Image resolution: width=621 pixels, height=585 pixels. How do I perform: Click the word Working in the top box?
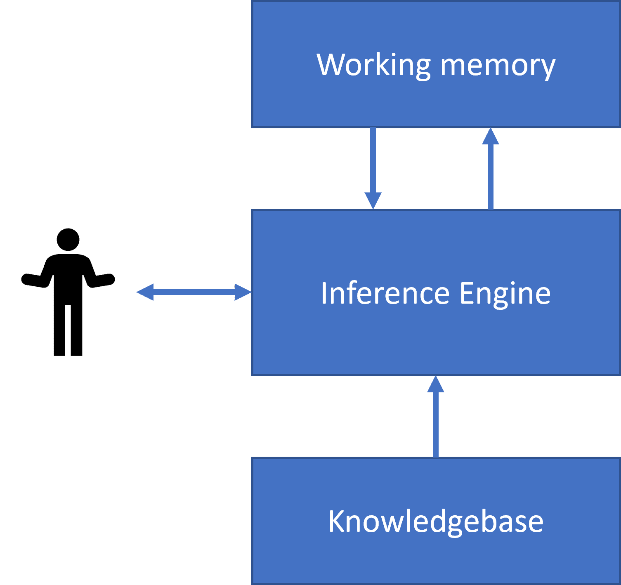click(x=373, y=65)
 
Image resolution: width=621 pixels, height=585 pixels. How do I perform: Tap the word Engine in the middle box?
click(x=505, y=294)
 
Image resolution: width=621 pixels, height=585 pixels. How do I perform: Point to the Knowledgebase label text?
click(x=436, y=521)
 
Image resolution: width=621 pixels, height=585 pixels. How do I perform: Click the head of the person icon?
click(x=68, y=239)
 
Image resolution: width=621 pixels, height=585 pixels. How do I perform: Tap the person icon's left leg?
click(x=59, y=330)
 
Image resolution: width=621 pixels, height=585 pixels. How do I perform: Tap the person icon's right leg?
click(x=77, y=330)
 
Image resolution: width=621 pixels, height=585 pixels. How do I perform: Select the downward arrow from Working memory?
click(x=373, y=165)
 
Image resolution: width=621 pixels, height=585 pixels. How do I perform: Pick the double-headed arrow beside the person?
click(x=194, y=292)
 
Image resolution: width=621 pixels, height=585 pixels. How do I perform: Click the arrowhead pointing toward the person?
click(x=144, y=292)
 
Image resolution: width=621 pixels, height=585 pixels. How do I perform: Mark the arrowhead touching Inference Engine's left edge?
click(x=243, y=292)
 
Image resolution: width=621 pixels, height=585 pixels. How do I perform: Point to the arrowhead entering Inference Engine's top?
click(x=373, y=201)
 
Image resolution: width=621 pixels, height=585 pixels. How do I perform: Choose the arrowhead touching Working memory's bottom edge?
click(x=491, y=136)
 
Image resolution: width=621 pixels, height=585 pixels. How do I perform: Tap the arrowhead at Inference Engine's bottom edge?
click(x=436, y=384)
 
